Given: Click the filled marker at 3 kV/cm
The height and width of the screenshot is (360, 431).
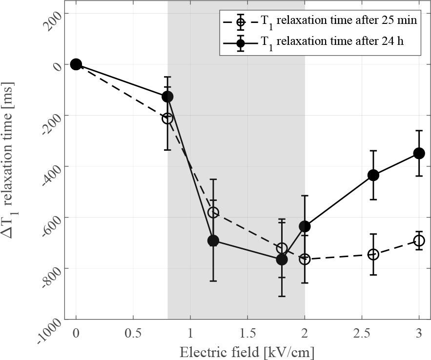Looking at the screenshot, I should tap(419, 153).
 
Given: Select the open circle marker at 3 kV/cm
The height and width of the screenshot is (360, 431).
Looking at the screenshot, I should tap(419, 240).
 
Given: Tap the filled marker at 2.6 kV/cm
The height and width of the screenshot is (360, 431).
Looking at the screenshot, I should tap(373, 175).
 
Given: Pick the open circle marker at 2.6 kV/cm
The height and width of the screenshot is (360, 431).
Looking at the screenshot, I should tap(373, 254).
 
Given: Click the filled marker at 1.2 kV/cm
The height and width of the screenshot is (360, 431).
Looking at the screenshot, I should tap(213, 240).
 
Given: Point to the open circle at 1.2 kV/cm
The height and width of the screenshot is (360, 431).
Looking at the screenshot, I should tap(213, 212).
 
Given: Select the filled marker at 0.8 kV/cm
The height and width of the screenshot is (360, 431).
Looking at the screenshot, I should tap(167, 97).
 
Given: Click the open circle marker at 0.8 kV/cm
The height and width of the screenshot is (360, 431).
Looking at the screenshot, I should tap(167, 118).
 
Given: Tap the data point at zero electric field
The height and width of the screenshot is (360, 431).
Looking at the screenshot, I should tap(76, 64).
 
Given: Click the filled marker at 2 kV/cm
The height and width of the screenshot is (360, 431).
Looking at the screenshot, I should tap(305, 226).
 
